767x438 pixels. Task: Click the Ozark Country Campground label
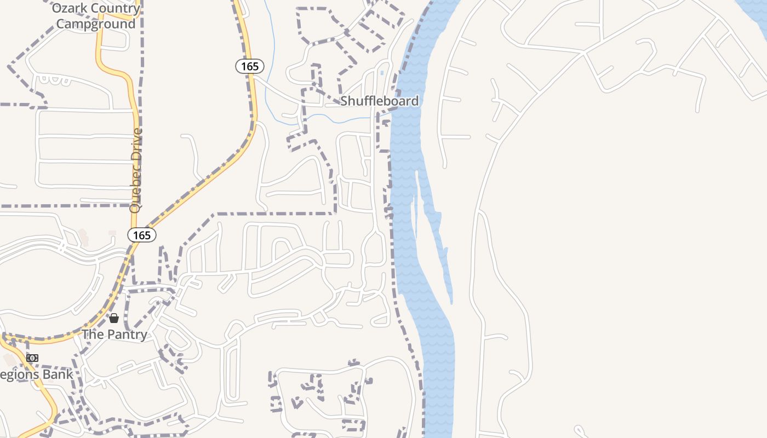point(96,16)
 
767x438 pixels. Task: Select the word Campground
point(96,24)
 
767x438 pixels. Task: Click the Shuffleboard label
point(379,101)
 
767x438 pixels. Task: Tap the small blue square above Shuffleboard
point(382,73)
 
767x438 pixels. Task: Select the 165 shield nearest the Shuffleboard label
point(250,66)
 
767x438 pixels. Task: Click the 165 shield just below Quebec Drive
point(142,235)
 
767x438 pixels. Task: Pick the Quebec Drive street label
point(136,170)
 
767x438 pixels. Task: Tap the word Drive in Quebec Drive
point(136,141)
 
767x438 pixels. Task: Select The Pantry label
point(115,335)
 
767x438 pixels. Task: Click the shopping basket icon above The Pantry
point(114,318)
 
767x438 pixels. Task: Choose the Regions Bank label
point(36,374)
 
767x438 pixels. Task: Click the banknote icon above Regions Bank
point(32,358)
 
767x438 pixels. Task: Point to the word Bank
point(60,374)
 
